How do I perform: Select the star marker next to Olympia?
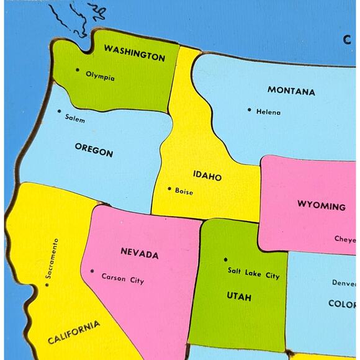[x=78, y=71]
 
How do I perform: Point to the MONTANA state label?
[x=290, y=91]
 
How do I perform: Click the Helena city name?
[x=268, y=112]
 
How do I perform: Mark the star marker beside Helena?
[x=250, y=110]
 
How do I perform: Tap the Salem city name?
[x=74, y=119]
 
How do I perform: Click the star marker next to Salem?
[x=60, y=112]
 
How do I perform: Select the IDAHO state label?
[x=207, y=177]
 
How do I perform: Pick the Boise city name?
[x=184, y=191]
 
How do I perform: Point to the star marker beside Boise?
[x=169, y=189]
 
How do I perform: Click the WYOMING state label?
[x=321, y=206]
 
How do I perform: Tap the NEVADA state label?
[x=139, y=254]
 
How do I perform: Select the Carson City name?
[x=122, y=279]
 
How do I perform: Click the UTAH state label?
[x=238, y=297]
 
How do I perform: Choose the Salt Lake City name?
[x=253, y=273]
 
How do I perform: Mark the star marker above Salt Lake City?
[x=226, y=259]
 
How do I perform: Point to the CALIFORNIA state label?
[x=73, y=333]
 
